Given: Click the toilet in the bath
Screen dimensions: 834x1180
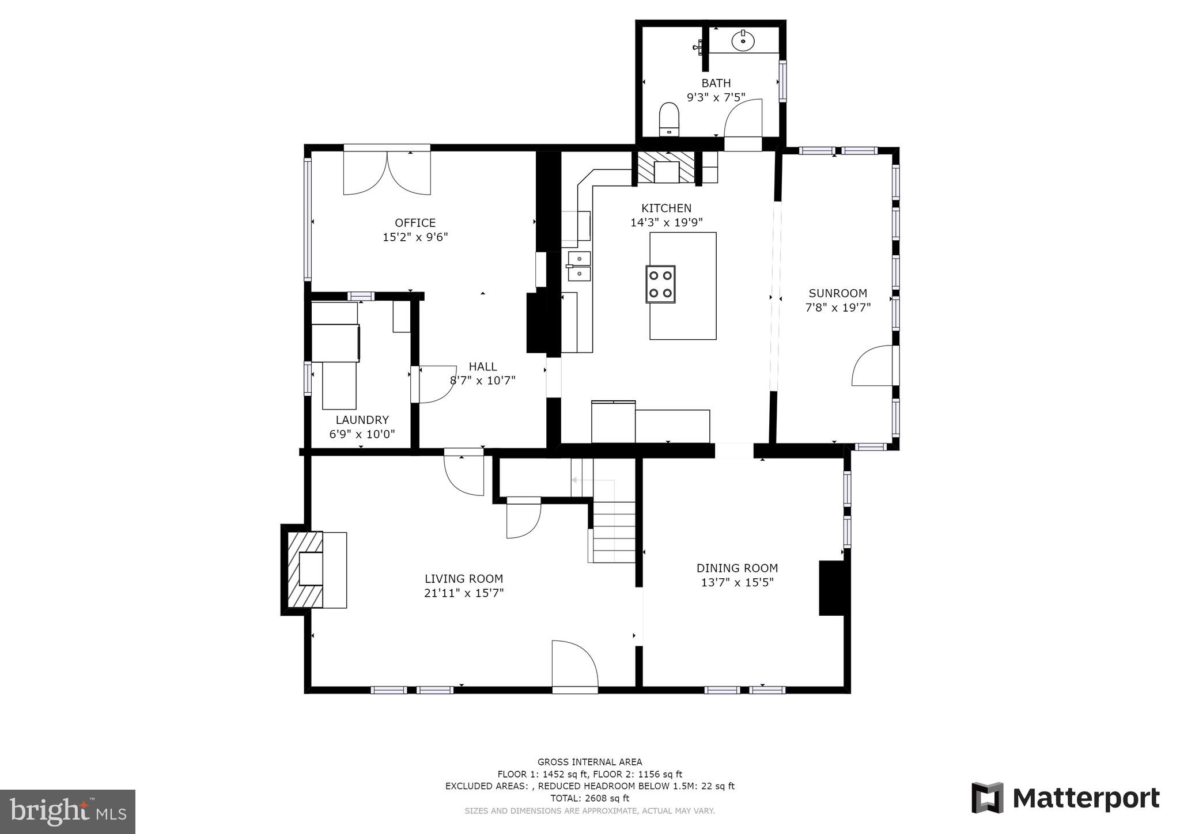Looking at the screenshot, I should coord(669,119).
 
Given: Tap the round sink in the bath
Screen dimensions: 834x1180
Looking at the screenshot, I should coord(743,41).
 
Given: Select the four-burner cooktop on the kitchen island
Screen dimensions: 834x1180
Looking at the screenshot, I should coord(660,284).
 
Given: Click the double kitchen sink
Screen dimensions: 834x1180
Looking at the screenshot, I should coord(579,266).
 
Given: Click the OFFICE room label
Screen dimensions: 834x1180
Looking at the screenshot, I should coord(415,223).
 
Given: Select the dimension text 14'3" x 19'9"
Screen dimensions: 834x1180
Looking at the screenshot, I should coord(666,222).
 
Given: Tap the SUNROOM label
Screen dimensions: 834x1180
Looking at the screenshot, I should coord(837,293).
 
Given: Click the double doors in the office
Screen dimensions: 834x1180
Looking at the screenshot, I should coord(387,172).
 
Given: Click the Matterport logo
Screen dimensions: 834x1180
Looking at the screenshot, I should coord(1065,798).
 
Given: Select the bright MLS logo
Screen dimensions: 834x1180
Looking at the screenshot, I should coord(67,812).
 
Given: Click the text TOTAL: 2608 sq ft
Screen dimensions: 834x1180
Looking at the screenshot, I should coord(589,798).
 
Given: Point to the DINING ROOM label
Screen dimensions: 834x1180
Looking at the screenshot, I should coord(737,568).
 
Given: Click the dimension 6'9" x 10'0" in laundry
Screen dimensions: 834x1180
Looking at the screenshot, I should coord(362,434).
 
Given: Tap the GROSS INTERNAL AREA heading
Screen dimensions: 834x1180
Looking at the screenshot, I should coord(589,762).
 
